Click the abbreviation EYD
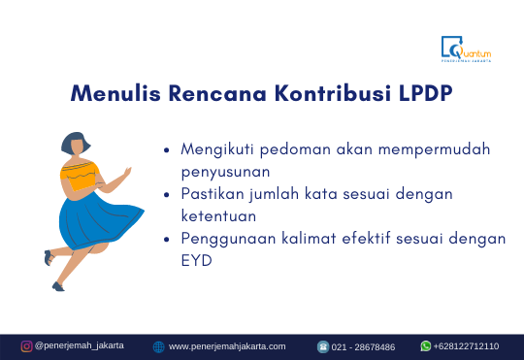pyautogui.click(x=198, y=260)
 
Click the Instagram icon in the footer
pyautogui.click(x=26, y=346)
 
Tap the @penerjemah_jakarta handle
pyautogui.click(x=79, y=346)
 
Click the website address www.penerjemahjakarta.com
pyautogui.click(x=227, y=346)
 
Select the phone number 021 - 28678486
pyautogui.click(x=363, y=346)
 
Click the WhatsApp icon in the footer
pyautogui.click(x=425, y=346)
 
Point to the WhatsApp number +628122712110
pyautogui.click(x=466, y=346)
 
